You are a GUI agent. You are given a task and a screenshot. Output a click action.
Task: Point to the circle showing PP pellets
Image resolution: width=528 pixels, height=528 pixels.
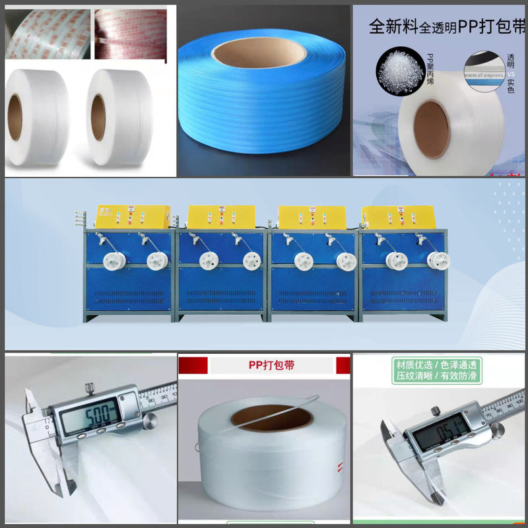(x=397, y=68)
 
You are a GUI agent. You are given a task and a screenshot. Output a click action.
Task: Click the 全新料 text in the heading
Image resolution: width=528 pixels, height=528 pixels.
(x=390, y=28)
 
